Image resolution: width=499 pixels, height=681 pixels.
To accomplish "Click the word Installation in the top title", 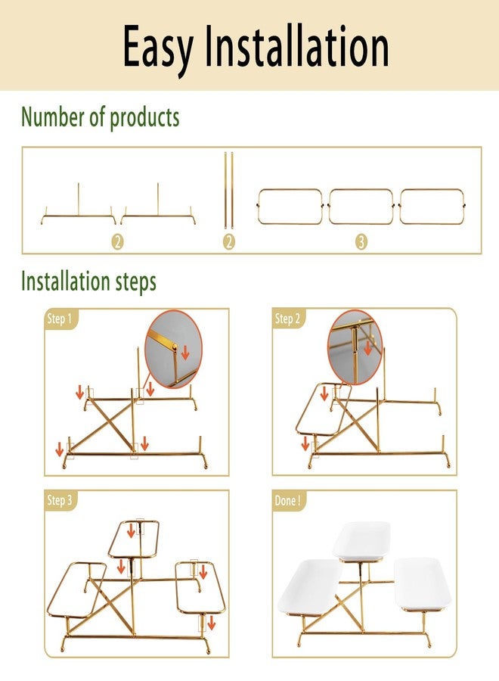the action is pos(297,45).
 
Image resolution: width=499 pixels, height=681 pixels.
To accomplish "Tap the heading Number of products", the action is pos(101,117).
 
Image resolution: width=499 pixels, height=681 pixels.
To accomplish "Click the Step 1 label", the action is pos(60,319).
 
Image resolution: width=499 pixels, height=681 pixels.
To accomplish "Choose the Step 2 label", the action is pos(287,319).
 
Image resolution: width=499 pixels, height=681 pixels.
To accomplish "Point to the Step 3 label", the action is pos(60,500).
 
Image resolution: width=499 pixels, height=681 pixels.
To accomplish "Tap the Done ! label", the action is pos(287,501).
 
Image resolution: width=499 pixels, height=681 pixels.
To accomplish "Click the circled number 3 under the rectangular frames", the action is pos(361,242).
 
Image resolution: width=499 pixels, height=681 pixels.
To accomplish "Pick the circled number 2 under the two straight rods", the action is pos(229,242).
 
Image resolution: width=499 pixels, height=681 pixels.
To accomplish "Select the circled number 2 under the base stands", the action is pos(118,242).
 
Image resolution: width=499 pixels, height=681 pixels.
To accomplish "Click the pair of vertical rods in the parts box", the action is pos(228,190).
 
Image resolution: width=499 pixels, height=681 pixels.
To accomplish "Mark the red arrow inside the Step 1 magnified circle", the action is pos(185,352).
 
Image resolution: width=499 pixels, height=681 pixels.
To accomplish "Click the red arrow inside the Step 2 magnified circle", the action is pos(368,348).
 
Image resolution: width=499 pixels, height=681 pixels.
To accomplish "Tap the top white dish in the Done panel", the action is pos(361,541).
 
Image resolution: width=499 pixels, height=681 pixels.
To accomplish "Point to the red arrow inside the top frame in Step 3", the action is pos(131,530).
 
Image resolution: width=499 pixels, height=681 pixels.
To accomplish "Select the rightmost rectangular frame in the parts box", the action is pos(432,207).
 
